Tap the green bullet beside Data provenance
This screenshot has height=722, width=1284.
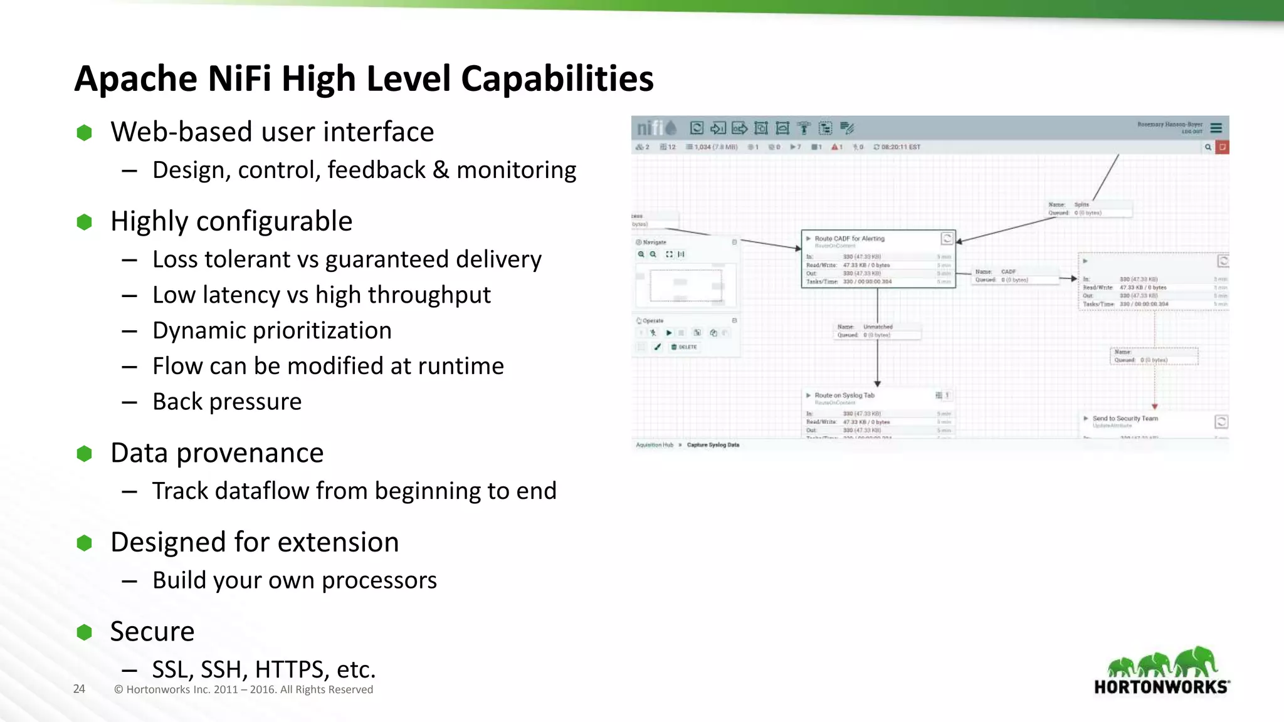[84, 454]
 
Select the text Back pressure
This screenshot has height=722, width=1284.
[227, 402]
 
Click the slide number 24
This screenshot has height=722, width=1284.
[79, 689]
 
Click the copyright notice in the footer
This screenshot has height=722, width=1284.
[243, 689]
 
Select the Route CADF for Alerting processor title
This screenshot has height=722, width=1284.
[849, 239]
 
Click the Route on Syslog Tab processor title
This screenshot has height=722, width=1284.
[844, 395]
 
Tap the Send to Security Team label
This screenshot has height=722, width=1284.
[1125, 418]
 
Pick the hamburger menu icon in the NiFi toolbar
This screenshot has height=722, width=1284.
[1216, 128]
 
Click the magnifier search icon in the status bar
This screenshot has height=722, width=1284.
[1208, 147]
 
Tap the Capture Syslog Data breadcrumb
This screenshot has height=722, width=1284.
[713, 445]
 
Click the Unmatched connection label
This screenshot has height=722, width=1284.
[877, 327]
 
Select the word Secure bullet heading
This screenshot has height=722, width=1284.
[152, 632]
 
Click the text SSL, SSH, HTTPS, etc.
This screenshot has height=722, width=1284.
[263, 669]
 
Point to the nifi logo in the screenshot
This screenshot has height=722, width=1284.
[656, 128]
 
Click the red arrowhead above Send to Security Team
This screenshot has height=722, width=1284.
[1154, 406]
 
